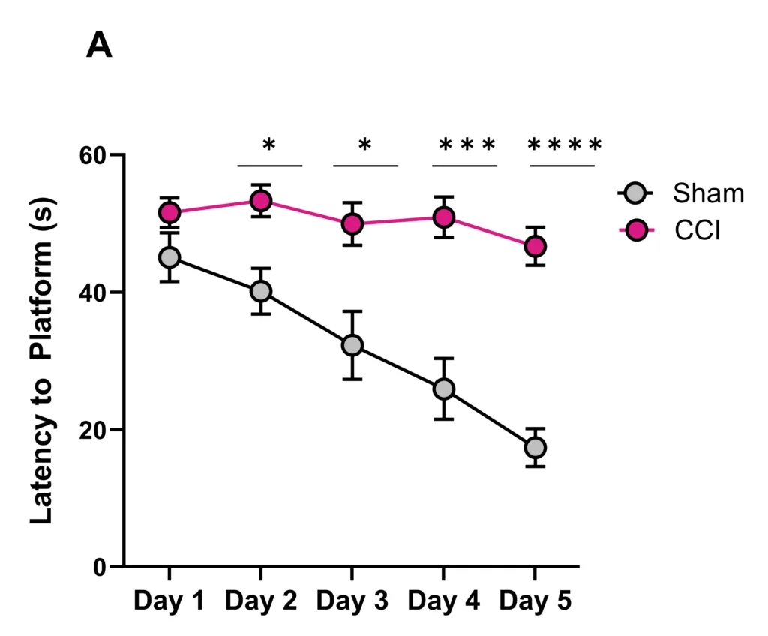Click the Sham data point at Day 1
[x=169, y=257]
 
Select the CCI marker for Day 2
[x=261, y=201]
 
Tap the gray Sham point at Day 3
[x=352, y=345]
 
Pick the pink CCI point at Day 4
[x=444, y=217]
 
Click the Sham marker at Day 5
[x=535, y=448]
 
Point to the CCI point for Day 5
[x=535, y=246]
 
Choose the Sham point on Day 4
[x=444, y=388]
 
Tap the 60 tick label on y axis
[x=97, y=155]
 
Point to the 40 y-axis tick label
[x=97, y=292]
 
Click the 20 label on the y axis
[x=97, y=430]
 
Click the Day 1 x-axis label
[x=169, y=601]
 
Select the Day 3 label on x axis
[x=352, y=601]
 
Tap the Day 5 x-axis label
[x=535, y=601]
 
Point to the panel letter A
[x=99, y=46]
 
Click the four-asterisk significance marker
[x=564, y=145]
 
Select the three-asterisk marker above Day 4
[x=466, y=145]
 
